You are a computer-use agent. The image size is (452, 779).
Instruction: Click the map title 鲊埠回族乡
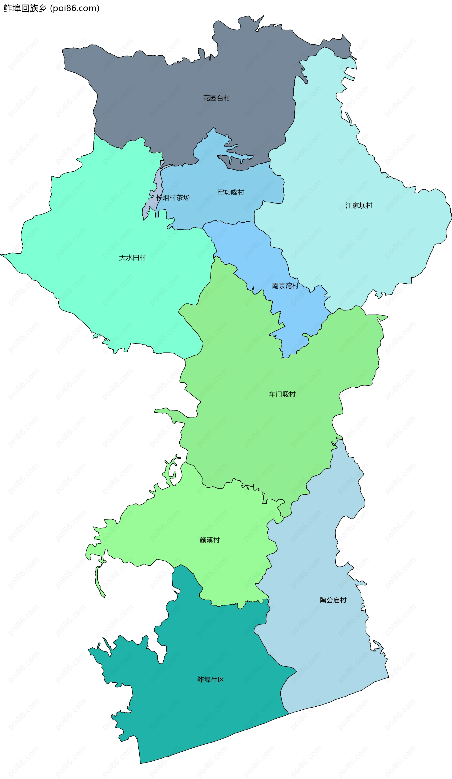point(25,8)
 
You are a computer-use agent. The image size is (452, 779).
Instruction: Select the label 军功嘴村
point(231,193)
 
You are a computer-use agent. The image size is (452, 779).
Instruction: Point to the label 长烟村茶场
point(173,198)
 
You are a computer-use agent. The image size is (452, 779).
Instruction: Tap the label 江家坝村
point(359,206)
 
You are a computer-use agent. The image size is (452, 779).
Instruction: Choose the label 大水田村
point(133,258)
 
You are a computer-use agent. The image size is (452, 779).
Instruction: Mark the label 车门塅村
point(282,394)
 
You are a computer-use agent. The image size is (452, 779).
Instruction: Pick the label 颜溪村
point(209,540)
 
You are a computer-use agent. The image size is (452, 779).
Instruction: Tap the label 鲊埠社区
point(210,680)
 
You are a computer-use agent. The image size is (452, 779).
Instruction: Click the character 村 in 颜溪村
point(216,540)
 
